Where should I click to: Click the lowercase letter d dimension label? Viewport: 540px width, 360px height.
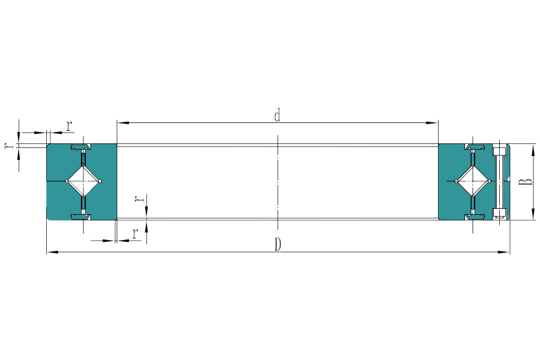click(x=277, y=115)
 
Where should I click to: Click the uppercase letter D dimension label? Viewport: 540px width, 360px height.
click(x=278, y=244)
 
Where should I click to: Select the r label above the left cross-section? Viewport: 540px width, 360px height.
click(x=69, y=126)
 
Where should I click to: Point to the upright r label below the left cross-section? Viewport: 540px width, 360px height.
click(x=136, y=234)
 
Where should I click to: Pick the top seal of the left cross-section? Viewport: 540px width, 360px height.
click(x=80, y=147)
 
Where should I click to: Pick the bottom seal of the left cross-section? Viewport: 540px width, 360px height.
click(x=80, y=215)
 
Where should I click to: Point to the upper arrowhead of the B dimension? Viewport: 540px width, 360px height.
click(x=532, y=150)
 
